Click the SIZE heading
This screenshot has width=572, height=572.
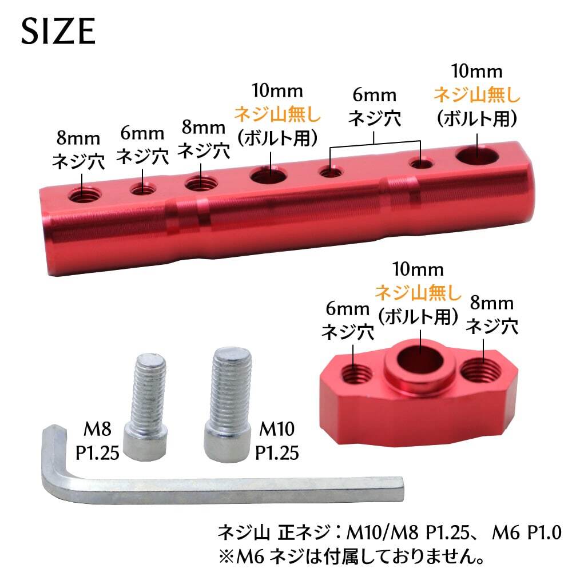(58, 31)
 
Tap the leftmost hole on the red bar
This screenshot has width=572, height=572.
(84, 196)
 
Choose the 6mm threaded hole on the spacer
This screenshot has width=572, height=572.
(356, 374)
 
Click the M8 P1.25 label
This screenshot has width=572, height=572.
(97, 441)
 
